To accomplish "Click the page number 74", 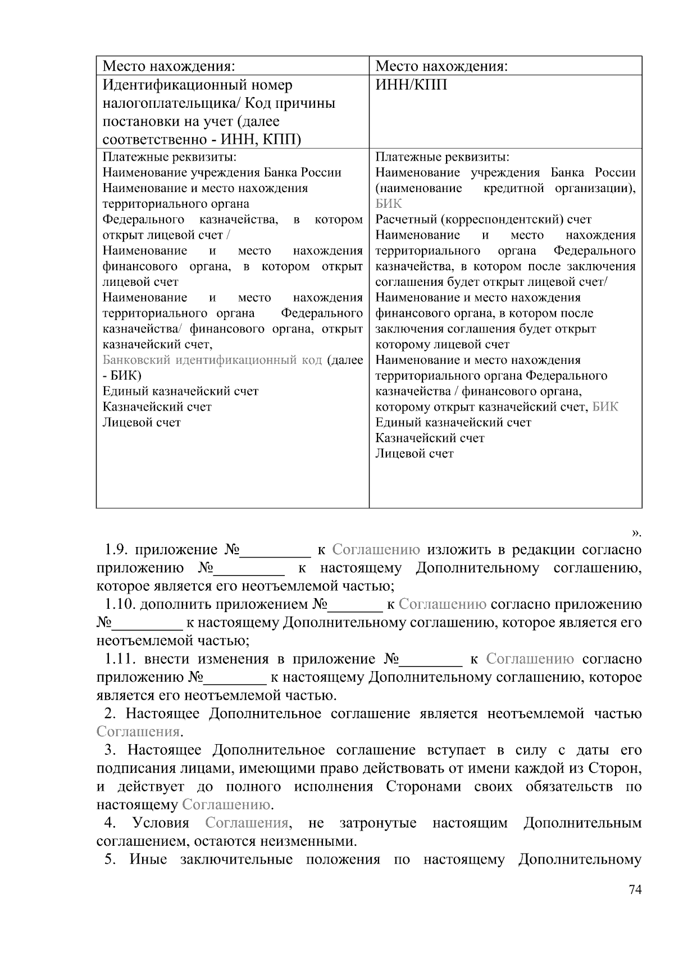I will (x=635, y=890).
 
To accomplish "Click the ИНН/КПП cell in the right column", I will (x=411, y=85).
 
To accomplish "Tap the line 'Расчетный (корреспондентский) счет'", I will (x=483, y=220).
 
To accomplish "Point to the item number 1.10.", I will (x=120, y=604).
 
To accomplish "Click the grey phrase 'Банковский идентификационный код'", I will (x=212, y=360).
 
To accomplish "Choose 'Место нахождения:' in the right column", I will (x=441, y=66).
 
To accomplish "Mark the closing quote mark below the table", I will (x=636, y=531).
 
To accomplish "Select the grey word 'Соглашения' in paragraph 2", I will (x=138, y=732).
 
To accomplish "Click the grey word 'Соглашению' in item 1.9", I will (x=376, y=549).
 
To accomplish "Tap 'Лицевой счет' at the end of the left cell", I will (x=142, y=422).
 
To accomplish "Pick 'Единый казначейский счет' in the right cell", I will (x=453, y=422).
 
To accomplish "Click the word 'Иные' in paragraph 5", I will (x=148, y=860).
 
